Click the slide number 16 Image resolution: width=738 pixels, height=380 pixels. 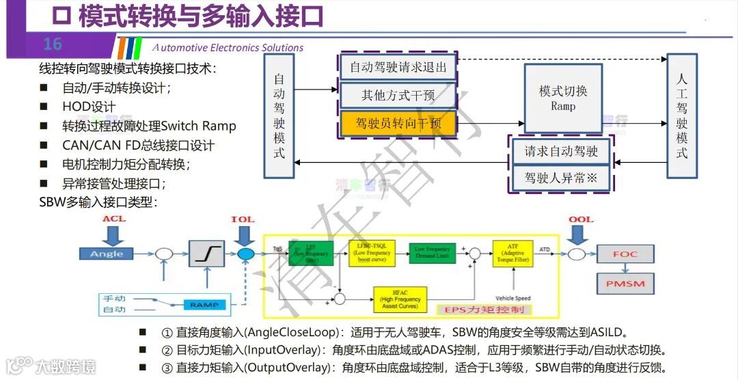pyautogui.click(x=53, y=45)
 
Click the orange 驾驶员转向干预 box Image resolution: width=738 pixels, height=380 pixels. pyautogui.click(x=398, y=123)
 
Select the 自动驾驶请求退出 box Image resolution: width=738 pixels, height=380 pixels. pyautogui.click(x=398, y=67)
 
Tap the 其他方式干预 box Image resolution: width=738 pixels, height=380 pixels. pyautogui.click(x=398, y=95)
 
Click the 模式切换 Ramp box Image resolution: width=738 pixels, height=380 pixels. pyautogui.click(x=562, y=98)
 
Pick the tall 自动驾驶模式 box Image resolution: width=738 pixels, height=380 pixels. pyautogui.click(x=279, y=116)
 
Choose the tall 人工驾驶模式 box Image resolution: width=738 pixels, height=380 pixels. pyautogui.click(x=681, y=116)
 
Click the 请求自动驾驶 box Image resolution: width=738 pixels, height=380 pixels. pyautogui.click(x=561, y=151)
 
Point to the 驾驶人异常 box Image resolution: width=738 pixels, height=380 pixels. pyautogui.click(x=561, y=177)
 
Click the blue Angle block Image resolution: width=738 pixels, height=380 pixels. pyautogui.click(x=107, y=254)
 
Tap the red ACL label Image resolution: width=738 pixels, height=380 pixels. pyautogui.click(x=114, y=219)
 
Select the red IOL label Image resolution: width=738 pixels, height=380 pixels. pyautogui.click(x=243, y=219)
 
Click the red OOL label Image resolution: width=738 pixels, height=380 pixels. pyautogui.click(x=581, y=219)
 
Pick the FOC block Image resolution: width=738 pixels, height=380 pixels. pyautogui.click(x=625, y=254)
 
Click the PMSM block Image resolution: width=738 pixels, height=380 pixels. pyautogui.click(x=625, y=283)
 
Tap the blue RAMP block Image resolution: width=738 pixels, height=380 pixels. pyautogui.click(x=204, y=304)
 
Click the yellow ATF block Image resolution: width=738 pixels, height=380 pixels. pyautogui.click(x=512, y=254)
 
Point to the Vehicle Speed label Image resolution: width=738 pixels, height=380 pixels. pyautogui.click(x=512, y=299)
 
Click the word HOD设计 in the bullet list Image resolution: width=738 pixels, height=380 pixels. pyautogui.click(x=89, y=107)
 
